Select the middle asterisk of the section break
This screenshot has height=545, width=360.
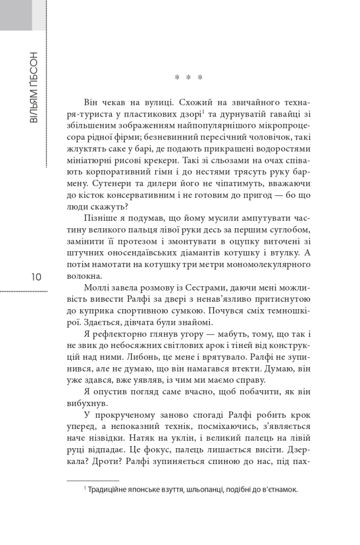coord(189,78)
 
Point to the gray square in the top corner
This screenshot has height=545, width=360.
coord(16,15)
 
